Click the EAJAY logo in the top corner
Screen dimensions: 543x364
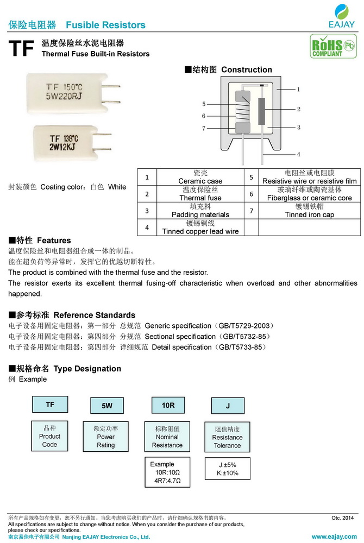[x=342, y=16]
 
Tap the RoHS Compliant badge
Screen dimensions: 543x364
[x=327, y=47]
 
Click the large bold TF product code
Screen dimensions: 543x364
[x=21, y=49]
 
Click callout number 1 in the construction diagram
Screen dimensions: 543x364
[x=298, y=89]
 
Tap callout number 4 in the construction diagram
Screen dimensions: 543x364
[x=298, y=154]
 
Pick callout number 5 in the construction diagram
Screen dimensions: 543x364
[x=204, y=104]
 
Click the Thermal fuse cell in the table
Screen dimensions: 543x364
[x=200, y=194]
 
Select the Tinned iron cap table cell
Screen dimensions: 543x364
[x=309, y=211]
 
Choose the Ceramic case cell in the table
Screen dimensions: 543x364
[x=200, y=177]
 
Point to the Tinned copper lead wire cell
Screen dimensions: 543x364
[x=200, y=228]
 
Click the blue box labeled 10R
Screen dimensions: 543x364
[x=168, y=405]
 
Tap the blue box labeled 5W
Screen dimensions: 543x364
[x=107, y=406]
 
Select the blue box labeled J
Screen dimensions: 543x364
[x=228, y=406]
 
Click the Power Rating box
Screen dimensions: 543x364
[x=106, y=437]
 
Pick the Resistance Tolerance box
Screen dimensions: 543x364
[x=227, y=437]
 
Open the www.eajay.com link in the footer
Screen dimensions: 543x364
[x=333, y=536]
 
